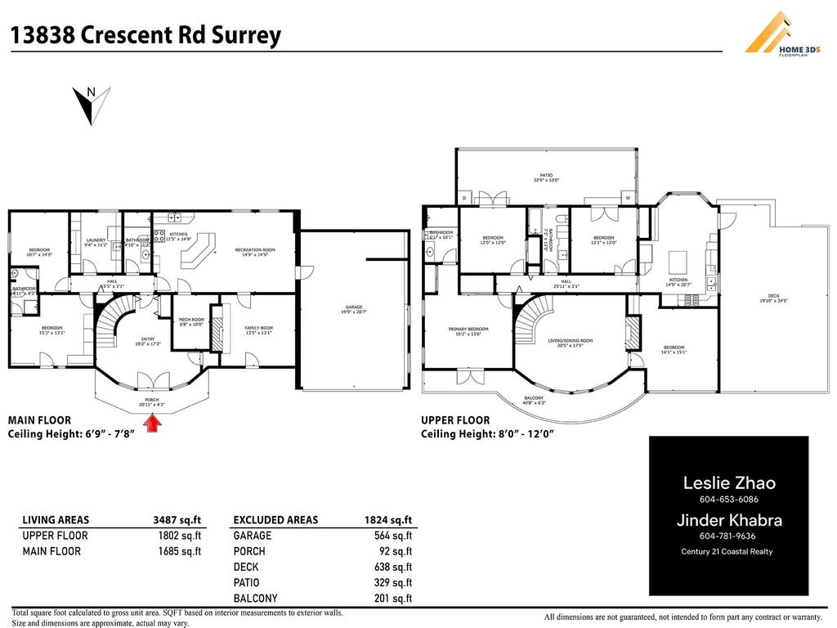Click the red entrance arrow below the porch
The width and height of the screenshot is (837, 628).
pos(152,423)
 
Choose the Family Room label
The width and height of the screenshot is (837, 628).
pos(258,330)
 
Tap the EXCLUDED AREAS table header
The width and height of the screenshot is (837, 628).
pos(275,519)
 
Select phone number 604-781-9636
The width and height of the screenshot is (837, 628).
pos(727,536)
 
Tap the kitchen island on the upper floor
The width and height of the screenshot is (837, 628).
pos(678,262)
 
